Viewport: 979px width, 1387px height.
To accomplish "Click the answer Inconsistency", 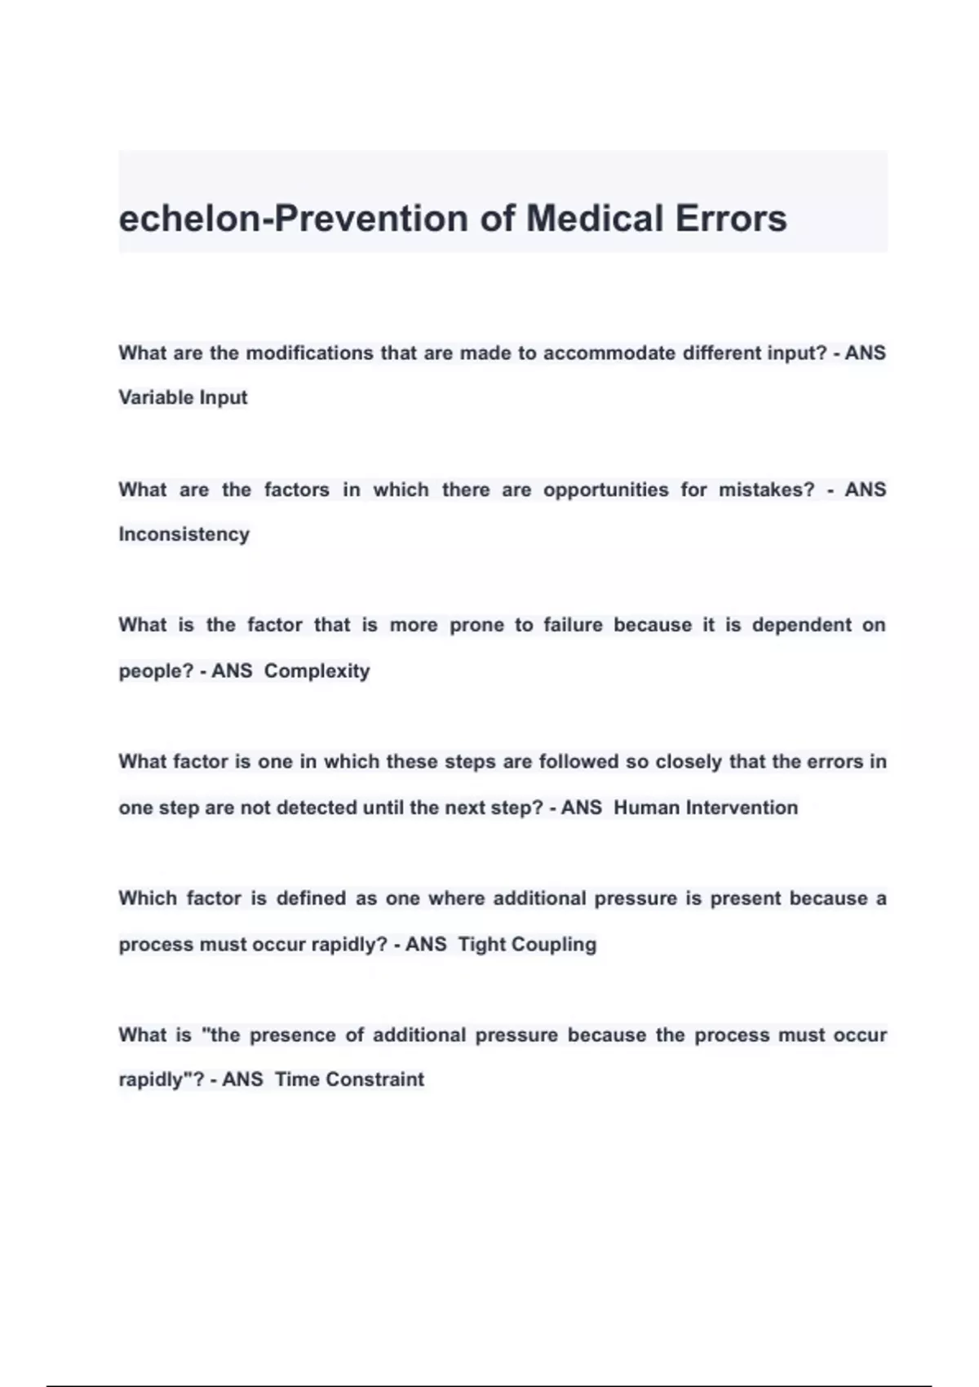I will [x=184, y=534].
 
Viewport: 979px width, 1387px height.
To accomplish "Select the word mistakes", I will [x=766, y=490].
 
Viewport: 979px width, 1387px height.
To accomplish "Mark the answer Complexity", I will [x=317, y=671].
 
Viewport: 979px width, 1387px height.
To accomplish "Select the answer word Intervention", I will [x=742, y=808].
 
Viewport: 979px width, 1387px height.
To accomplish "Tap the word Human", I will [x=646, y=808].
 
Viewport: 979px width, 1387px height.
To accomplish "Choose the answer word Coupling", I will [x=554, y=945].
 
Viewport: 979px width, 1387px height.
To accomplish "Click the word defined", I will [x=311, y=898].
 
